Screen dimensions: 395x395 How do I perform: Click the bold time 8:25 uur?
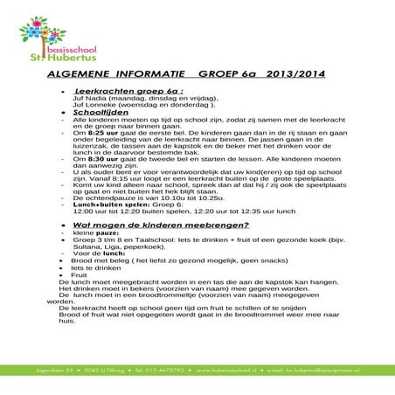(x=96, y=133)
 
